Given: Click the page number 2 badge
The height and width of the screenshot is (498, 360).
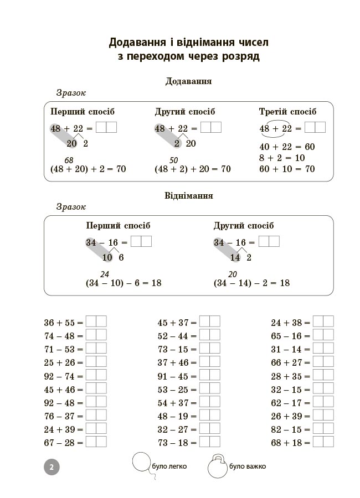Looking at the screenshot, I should tap(51, 467).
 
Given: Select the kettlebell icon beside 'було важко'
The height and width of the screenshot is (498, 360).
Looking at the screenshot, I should tap(217, 467).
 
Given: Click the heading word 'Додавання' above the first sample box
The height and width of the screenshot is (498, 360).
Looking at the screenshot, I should tap(188, 81).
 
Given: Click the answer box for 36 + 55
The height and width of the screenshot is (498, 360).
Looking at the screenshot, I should tap(96, 321).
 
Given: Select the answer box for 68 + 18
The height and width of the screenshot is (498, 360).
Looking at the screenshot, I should tap(323, 442).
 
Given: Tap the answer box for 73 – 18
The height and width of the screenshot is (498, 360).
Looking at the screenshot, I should tap(210, 442).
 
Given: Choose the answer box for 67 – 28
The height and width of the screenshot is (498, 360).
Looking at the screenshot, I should tap(96, 442).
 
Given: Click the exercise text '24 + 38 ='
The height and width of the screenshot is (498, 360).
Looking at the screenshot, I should tap(291, 322).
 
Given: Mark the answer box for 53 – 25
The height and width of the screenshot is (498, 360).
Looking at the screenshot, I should tap(210, 388).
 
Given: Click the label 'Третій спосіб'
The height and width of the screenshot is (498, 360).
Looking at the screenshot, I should tap(287, 112).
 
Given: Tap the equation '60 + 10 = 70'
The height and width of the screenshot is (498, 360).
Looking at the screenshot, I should tap(287, 169).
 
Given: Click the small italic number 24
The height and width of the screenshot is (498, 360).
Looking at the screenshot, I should tap(104, 274).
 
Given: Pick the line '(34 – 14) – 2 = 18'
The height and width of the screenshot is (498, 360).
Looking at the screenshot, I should tap(251, 283).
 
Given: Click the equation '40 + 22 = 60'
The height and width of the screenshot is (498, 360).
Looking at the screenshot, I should tap(287, 147).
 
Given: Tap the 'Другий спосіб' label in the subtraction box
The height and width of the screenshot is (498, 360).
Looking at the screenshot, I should tap(244, 226).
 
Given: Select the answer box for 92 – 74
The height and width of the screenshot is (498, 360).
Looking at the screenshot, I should tap(96, 375).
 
